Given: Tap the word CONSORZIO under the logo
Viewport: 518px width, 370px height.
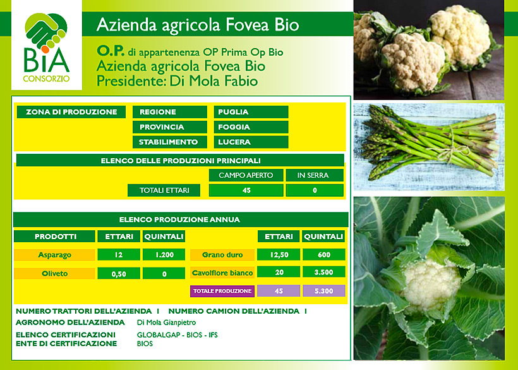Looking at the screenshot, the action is (46, 78).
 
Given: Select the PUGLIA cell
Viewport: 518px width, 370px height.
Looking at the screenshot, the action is (251, 112).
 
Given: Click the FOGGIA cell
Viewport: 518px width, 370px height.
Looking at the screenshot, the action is (251, 127).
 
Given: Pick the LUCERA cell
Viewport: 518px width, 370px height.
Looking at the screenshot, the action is (251, 142).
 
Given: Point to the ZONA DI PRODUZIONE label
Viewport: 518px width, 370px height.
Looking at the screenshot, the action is (71, 112).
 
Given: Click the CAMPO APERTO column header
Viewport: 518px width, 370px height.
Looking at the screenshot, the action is (246, 175).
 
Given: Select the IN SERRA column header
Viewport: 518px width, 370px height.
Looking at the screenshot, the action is (315, 175).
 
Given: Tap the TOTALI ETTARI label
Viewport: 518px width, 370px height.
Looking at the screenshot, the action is (164, 190).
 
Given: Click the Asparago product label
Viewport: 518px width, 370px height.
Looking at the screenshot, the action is (54, 255).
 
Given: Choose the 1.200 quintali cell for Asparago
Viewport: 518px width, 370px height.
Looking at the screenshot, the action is (164, 255).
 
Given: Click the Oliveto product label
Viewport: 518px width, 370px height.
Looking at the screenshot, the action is (54, 273).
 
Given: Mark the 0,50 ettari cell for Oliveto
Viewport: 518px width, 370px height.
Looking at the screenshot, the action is (119, 273).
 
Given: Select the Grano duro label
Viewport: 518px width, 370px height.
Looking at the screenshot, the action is (222, 255).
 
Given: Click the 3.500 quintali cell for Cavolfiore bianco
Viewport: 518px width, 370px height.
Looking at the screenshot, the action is (323, 272).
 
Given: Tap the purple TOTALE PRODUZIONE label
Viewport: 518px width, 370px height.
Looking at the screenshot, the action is (222, 291).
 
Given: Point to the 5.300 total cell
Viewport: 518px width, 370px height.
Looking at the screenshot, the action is (323, 291).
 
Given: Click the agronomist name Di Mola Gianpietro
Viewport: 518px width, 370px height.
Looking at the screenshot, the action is (167, 323).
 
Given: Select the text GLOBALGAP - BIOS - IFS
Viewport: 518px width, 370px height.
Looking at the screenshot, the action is (178, 335).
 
